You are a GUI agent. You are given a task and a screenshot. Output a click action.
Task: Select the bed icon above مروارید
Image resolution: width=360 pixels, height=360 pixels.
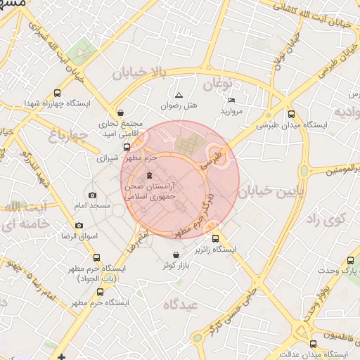[232, 101]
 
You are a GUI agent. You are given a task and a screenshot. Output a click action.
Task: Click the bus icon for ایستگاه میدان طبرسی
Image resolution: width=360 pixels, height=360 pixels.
[291, 115]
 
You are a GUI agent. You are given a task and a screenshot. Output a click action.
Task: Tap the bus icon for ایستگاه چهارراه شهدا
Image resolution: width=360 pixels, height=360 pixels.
[57, 93]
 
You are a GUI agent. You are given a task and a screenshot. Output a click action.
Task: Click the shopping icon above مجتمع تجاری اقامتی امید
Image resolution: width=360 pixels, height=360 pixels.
[120, 112]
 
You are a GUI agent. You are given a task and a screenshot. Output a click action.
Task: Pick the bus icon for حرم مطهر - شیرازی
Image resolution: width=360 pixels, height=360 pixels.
[127, 148]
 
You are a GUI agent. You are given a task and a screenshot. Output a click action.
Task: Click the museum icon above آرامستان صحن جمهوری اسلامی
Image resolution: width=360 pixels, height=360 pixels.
[148, 176]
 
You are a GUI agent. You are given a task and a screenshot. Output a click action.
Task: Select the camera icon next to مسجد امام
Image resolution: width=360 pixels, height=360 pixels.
[93, 195]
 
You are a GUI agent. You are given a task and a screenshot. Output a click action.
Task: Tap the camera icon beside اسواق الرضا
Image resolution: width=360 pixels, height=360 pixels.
[79, 226]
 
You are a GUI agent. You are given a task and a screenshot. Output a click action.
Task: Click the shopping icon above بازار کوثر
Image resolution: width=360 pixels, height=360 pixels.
[175, 254]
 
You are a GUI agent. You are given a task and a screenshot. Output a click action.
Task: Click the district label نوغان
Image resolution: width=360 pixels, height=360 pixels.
[217, 84]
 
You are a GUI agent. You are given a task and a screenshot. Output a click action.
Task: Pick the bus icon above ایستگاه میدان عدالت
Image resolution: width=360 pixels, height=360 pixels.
[313, 344]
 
